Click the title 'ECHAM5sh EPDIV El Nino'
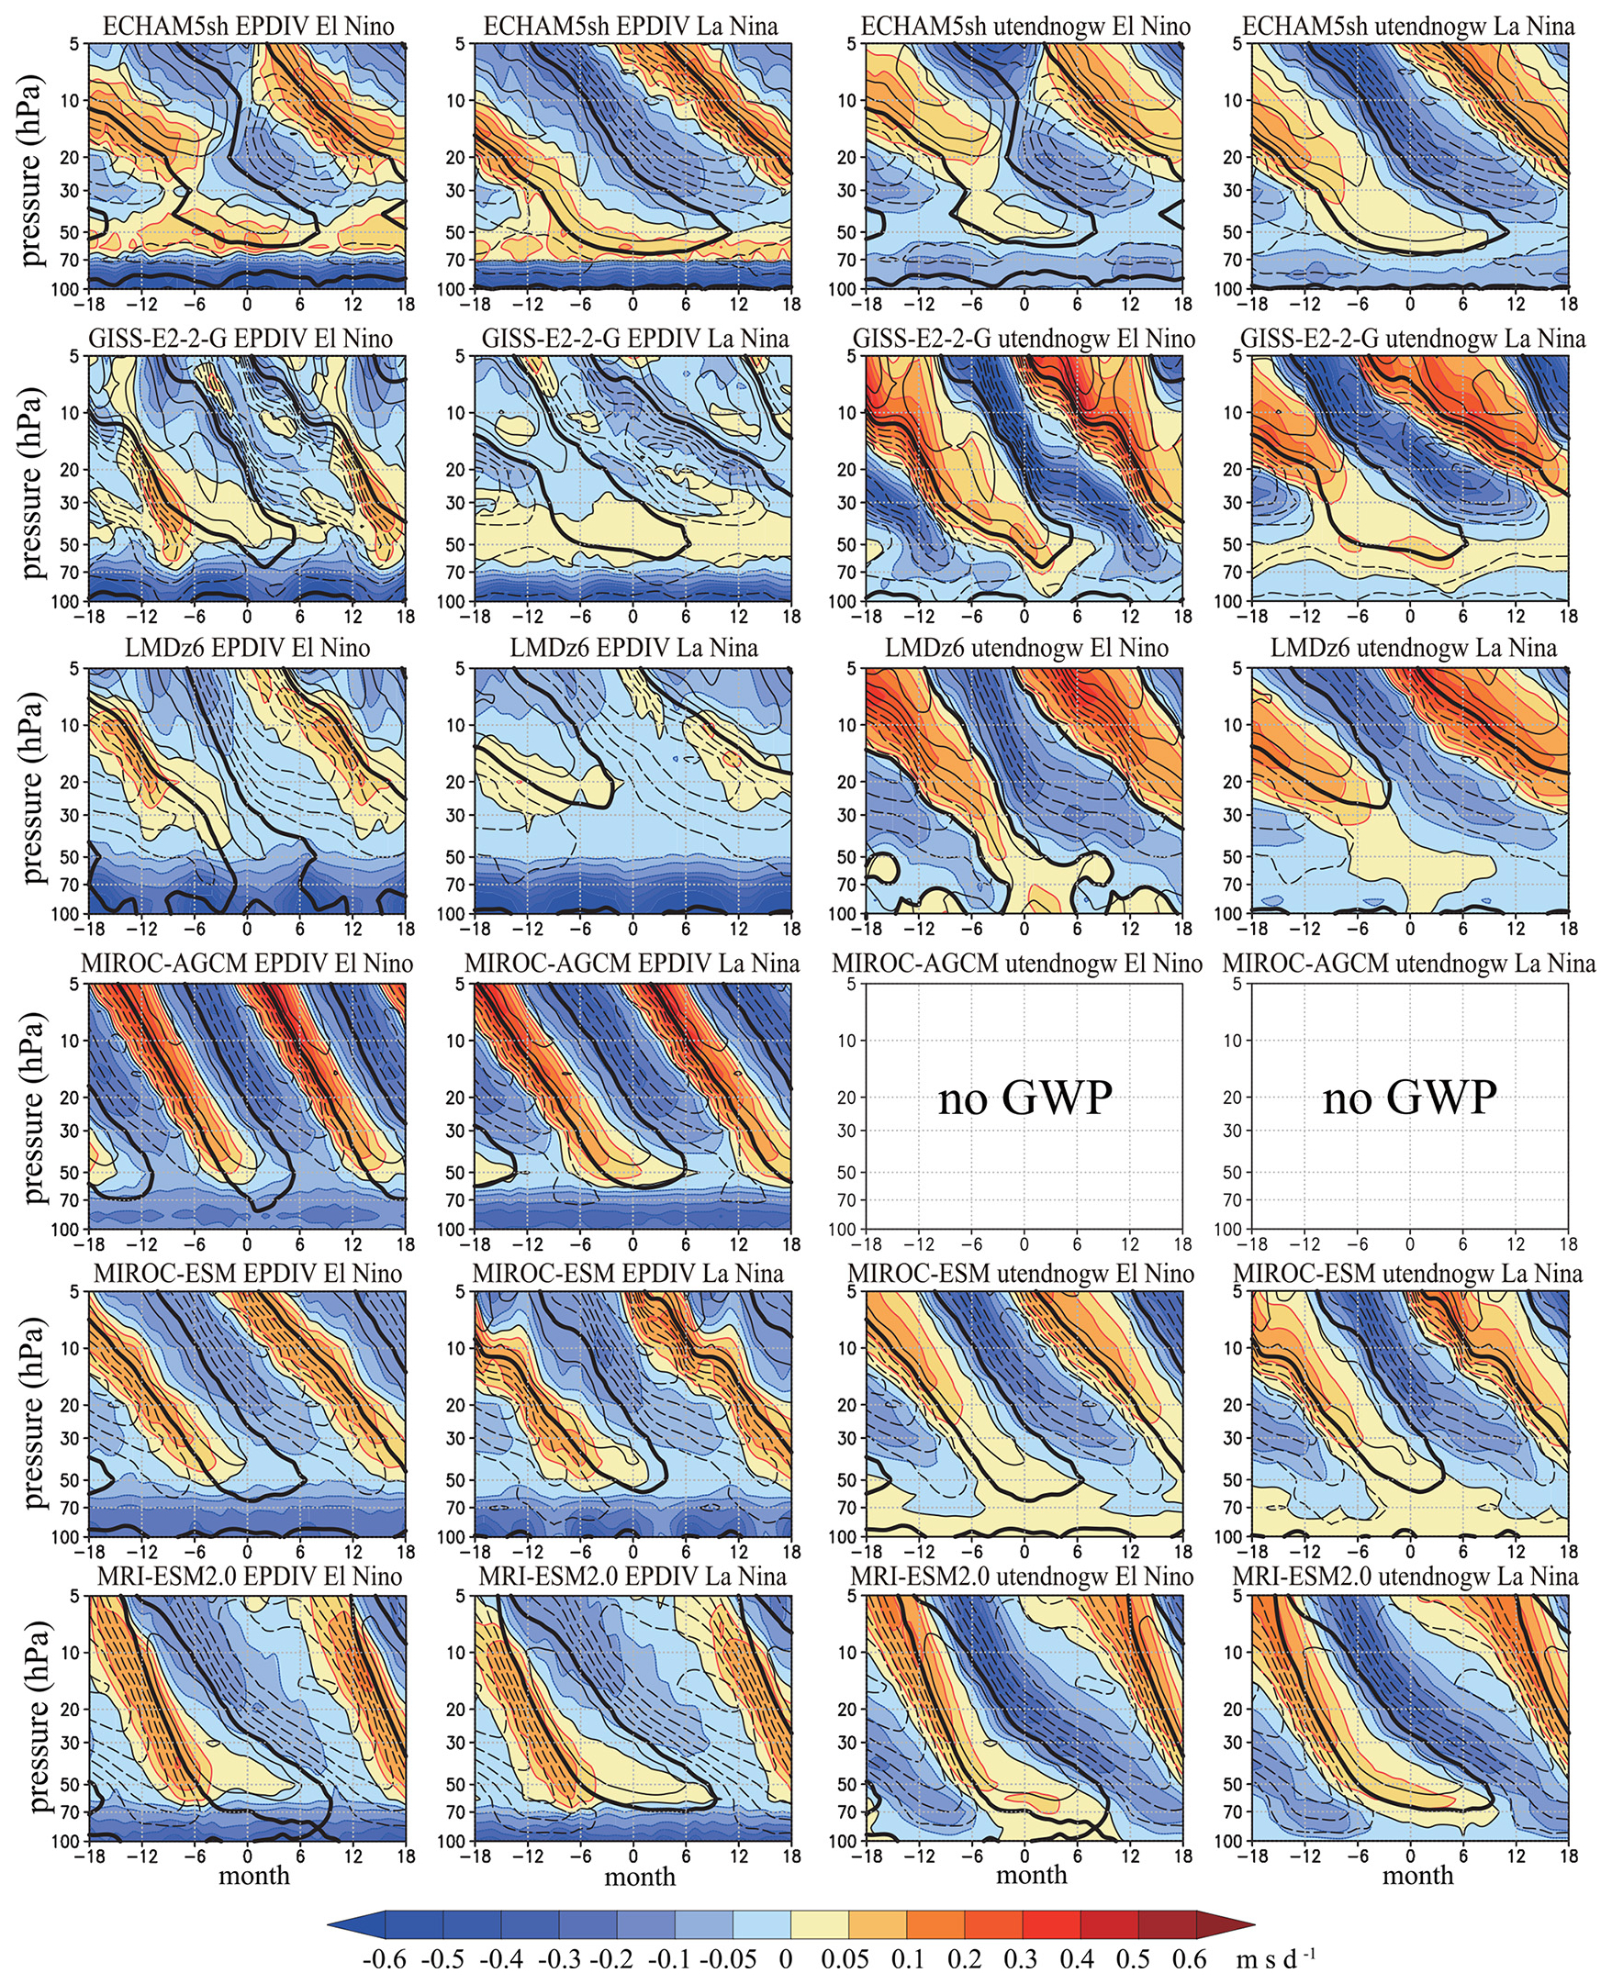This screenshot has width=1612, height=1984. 248,26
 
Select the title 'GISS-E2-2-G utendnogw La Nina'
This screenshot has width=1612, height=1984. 1413,339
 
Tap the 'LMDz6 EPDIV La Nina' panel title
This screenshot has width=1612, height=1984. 633,647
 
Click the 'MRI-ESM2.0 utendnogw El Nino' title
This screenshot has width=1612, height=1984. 1022,1576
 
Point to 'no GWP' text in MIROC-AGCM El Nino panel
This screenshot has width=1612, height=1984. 1024,1098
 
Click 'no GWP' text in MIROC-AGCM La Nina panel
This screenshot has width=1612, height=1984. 1409,1098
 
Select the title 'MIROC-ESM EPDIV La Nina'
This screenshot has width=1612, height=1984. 629,1273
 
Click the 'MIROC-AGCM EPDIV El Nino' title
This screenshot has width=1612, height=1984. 247,963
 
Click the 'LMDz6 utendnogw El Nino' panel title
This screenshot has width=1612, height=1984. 1026,647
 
